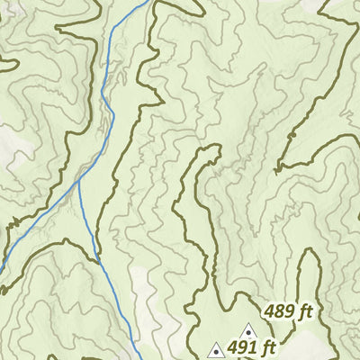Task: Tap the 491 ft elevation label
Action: pyautogui.click(x=251, y=347)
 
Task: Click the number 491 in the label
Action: pyautogui.click(x=241, y=347)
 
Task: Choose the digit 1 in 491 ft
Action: pyautogui.click(x=251, y=347)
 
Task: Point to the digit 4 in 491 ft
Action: pyautogui.click(x=231, y=347)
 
